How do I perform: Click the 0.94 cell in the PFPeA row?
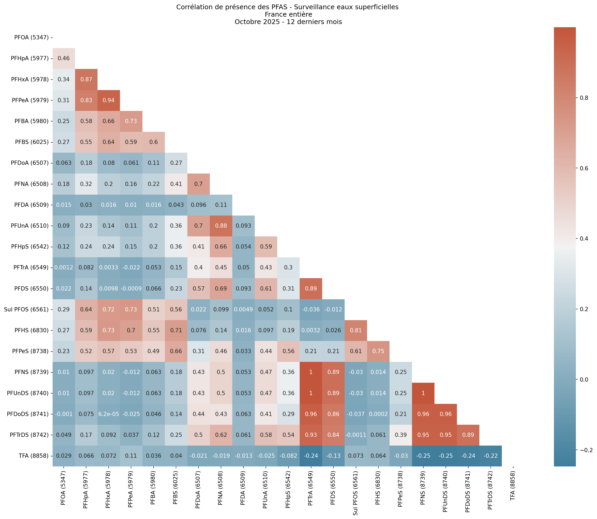108,100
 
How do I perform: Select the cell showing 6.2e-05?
108,414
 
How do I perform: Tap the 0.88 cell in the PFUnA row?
221,226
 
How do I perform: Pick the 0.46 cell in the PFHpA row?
63,58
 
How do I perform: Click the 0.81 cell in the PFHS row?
356,330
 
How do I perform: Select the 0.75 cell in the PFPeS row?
378,351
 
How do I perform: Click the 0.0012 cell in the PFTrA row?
63,267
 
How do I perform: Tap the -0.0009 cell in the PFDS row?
131,288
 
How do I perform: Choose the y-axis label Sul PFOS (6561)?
26,309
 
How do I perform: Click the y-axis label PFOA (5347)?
31,37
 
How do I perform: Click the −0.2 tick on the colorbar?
584,450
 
